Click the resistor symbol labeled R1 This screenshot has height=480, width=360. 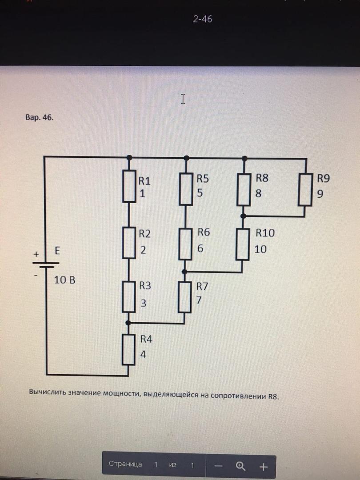(128, 187)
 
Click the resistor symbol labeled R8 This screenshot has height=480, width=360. (244, 188)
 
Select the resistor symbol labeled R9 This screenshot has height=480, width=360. (305, 189)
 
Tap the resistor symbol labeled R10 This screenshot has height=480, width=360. (242, 244)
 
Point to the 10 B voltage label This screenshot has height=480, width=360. (65, 280)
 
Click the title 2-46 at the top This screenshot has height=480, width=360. (203, 19)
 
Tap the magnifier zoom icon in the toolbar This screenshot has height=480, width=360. (241, 466)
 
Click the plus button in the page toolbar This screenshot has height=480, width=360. (264, 467)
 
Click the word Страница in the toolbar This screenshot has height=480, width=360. (125, 464)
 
